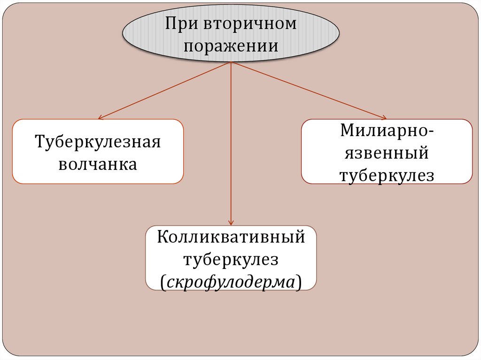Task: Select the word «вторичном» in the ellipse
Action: [x=250, y=23]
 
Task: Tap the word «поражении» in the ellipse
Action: [x=231, y=46]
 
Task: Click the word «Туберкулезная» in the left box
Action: [x=98, y=142]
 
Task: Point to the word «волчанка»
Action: [x=98, y=164]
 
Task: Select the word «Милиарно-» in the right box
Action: [x=387, y=130]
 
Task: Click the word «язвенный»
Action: [x=387, y=153]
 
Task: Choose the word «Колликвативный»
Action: [x=231, y=237]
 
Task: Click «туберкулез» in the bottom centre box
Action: [x=231, y=259]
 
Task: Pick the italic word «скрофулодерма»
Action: [x=231, y=282]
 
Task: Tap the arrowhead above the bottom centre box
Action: [x=231, y=222]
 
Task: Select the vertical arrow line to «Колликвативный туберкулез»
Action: [x=231, y=141]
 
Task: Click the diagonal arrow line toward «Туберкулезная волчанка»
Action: [x=164, y=91]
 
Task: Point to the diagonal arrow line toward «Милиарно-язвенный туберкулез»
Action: [x=308, y=90]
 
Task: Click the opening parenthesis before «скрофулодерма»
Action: [x=163, y=283]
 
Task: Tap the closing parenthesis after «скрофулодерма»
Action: [x=299, y=283]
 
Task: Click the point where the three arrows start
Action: [x=231, y=62]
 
